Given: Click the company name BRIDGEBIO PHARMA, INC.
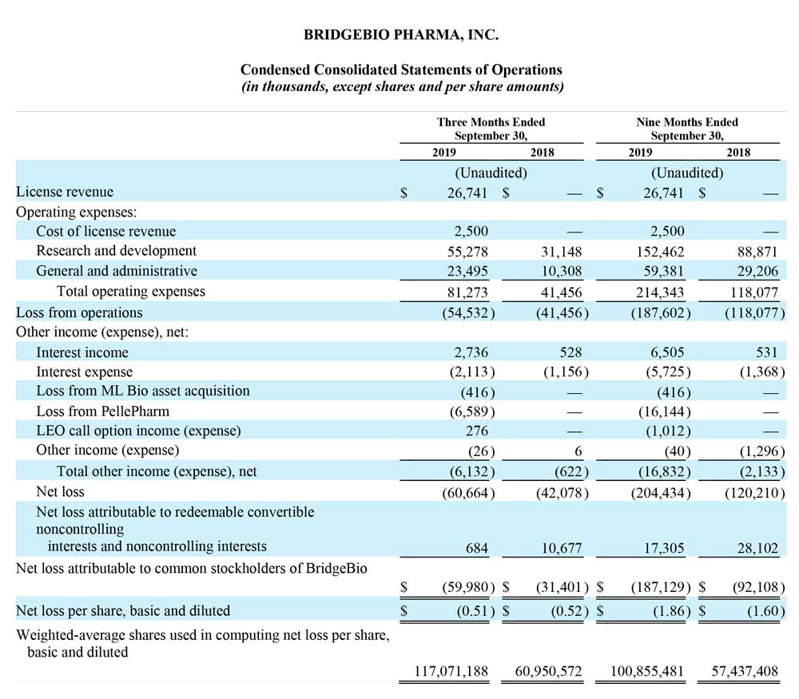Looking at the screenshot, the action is [401, 34].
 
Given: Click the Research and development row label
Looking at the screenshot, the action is [116, 251].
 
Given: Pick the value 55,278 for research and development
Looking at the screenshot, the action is [467, 252].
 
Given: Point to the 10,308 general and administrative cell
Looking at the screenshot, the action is [561, 271].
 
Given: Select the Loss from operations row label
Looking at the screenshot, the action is [79, 312].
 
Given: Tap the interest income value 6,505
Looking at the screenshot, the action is [667, 352].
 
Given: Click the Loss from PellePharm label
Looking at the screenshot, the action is [102, 411].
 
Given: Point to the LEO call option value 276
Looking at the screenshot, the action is [476, 431].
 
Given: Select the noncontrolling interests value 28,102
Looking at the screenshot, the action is [757, 548].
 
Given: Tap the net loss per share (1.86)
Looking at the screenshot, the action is [672, 611].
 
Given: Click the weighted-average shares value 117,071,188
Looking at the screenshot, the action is [451, 672].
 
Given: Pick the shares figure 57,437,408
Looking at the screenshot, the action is [745, 672].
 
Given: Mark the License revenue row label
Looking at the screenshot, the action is [65, 192].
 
